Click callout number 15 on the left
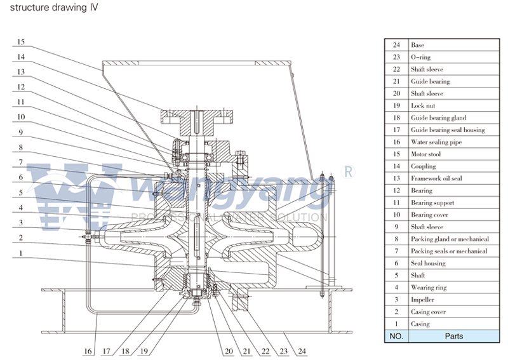[20, 42]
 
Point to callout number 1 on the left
[20, 253]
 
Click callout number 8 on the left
[20, 147]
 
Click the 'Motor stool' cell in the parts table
[427, 154]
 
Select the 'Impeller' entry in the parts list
[423, 300]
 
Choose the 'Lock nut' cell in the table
[423, 106]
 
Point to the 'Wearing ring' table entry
[429, 288]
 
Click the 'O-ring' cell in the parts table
[422, 57]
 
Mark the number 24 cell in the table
[396, 45]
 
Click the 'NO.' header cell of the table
[396, 336]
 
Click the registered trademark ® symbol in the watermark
[347, 171]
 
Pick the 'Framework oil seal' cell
[436, 178]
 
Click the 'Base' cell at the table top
[417, 45]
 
